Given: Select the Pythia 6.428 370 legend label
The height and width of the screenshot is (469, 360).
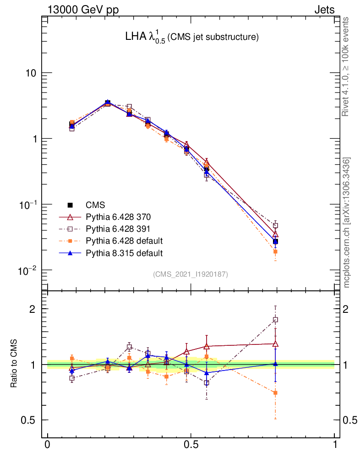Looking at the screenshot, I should point(125,217).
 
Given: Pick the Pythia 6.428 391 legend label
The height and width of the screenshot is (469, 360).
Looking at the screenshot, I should point(125,229).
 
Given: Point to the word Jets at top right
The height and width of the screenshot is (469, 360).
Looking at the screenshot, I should point(324,10).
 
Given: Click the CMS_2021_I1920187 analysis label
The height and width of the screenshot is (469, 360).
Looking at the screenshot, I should point(191,274).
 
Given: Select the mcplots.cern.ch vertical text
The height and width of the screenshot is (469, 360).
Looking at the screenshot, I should point(347,223).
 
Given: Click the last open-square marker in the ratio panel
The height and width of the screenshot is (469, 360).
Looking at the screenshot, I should point(275,320).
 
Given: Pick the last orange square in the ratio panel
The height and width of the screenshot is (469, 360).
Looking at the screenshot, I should point(275,393).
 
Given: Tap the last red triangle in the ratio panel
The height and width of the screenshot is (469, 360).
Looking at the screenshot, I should point(275,344).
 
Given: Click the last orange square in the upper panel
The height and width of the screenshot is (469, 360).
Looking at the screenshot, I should point(275,251).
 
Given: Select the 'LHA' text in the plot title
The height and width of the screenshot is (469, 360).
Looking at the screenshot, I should point(135,37).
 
